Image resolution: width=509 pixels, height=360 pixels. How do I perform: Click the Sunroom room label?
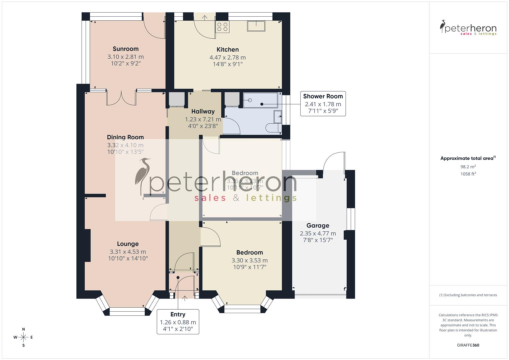click(125, 49)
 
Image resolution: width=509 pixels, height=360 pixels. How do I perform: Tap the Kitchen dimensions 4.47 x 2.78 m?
click(227, 57)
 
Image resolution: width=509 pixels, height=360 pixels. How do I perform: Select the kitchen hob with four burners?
click(222, 27)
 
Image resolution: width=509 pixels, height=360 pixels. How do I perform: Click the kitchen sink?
click(256, 26)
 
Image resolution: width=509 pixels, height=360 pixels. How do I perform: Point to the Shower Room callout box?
click(323, 104)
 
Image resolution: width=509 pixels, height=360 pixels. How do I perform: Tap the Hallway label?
click(203, 111)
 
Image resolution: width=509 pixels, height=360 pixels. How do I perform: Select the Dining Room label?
click(125, 137)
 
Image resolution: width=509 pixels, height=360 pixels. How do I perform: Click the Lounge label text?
click(128, 244)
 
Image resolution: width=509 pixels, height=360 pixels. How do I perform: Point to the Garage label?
click(318, 226)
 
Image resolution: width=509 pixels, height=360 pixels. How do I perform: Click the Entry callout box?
click(178, 322)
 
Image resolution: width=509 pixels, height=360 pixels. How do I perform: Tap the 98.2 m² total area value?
click(468, 167)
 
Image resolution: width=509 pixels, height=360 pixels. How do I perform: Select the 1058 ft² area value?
click(468, 174)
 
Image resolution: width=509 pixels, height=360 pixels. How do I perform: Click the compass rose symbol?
click(23, 337)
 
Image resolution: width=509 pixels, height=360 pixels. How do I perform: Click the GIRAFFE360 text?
click(468, 345)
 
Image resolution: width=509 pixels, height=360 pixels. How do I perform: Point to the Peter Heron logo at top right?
click(468, 28)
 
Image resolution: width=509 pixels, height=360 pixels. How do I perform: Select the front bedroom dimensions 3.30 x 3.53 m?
click(249, 260)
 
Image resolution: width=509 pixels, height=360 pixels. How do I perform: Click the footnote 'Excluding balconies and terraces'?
click(468, 295)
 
